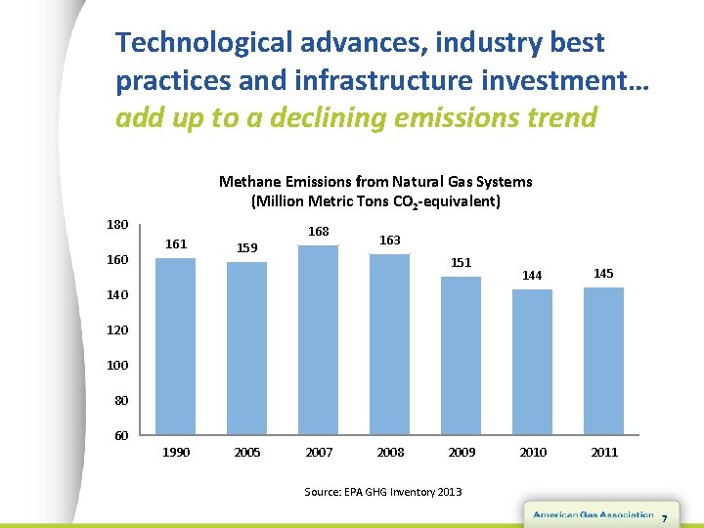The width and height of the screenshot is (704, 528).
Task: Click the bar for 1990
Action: [x=176, y=346]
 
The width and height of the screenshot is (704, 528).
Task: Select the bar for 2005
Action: [x=247, y=348]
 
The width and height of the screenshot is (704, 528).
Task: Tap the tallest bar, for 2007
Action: [x=319, y=340]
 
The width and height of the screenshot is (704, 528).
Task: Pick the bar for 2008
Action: [x=390, y=344]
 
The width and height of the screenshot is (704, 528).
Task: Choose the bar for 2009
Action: [x=462, y=356]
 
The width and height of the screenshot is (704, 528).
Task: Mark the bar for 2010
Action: [x=533, y=362]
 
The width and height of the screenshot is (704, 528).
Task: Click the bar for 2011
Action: [x=604, y=361]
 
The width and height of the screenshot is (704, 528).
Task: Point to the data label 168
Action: [x=319, y=232]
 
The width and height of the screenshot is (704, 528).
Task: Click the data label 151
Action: [x=462, y=262]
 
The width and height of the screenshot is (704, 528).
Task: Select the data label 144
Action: [x=532, y=276]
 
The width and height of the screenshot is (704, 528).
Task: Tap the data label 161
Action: [x=177, y=243]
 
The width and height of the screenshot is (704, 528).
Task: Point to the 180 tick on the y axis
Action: [x=118, y=224]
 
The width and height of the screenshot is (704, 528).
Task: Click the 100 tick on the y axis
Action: [x=118, y=365]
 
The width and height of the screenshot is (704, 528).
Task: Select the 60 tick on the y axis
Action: [x=121, y=435]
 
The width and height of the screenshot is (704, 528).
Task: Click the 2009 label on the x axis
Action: [x=462, y=452]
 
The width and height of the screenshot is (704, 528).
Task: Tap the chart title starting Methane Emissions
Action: [x=375, y=191]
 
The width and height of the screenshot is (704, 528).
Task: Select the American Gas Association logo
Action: [x=593, y=514]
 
